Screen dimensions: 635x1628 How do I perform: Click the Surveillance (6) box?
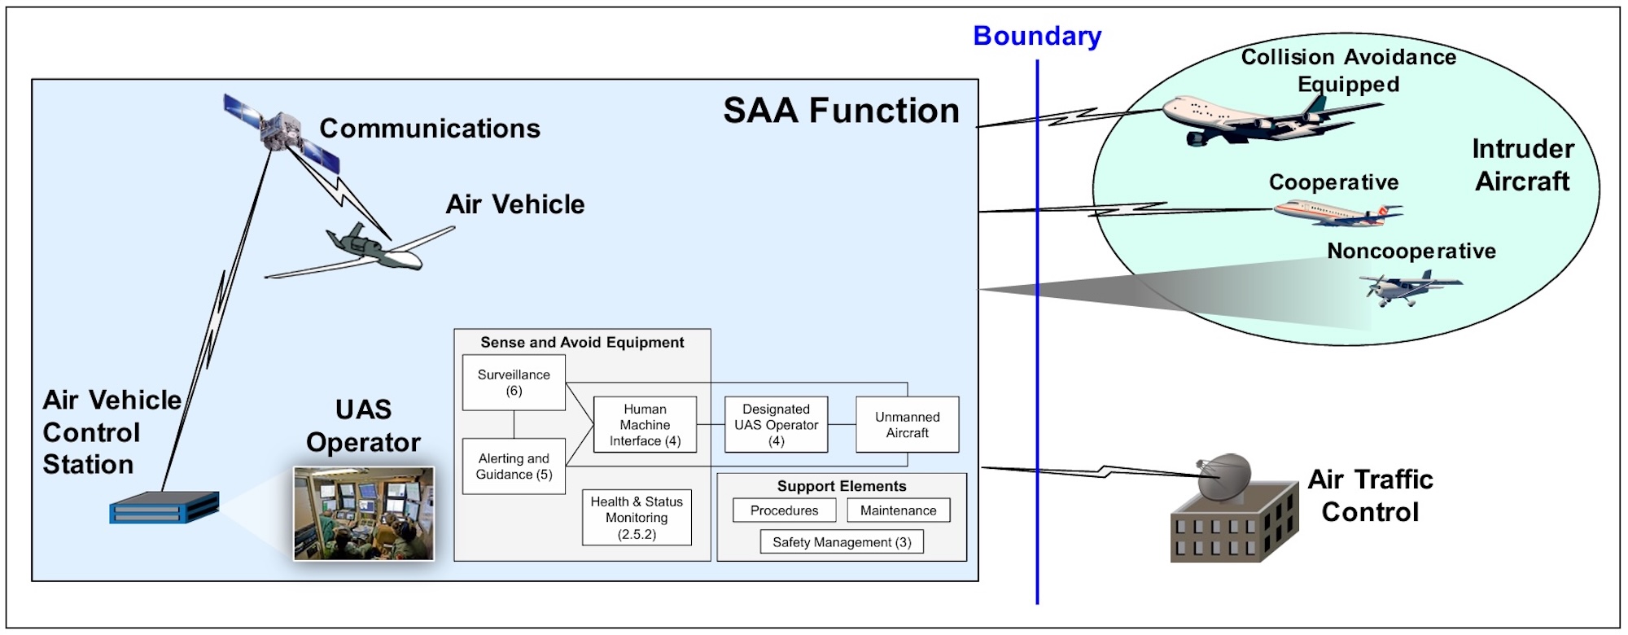[x=514, y=383]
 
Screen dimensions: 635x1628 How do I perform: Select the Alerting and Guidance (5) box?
[x=514, y=466]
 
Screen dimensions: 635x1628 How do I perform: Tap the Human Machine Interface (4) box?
[x=645, y=425]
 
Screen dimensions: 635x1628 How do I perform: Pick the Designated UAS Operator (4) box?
[x=776, y=425]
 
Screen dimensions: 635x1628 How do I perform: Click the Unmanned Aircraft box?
[x=907, y=425]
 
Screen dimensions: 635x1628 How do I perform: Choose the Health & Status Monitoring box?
[x=637, y=518]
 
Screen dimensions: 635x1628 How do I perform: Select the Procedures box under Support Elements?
[x=784, y=510]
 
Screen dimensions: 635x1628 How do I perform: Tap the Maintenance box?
[x=898, y=510]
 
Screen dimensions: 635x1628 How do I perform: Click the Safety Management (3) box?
[x=842, y=542]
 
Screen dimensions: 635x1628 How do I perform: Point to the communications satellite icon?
[x=281, y=130]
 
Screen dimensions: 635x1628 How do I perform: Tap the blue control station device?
[x=164, y=508]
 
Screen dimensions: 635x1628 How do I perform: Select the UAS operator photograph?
[x=364, y=514]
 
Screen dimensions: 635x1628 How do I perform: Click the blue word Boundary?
[x=1037, y=37]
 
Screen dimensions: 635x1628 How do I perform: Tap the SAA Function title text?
[x=841, y=112]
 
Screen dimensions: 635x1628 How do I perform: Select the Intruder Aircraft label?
[x=1523, y=165]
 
